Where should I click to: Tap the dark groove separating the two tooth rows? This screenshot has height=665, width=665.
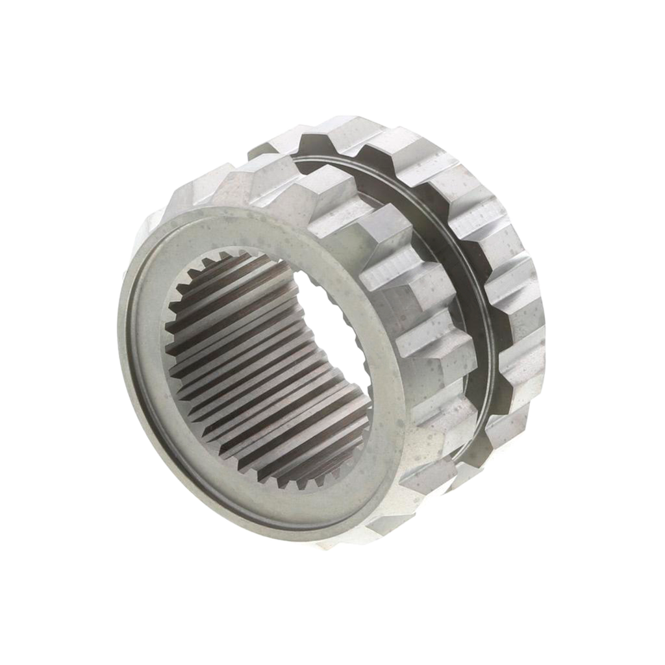tap(477, 325)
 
